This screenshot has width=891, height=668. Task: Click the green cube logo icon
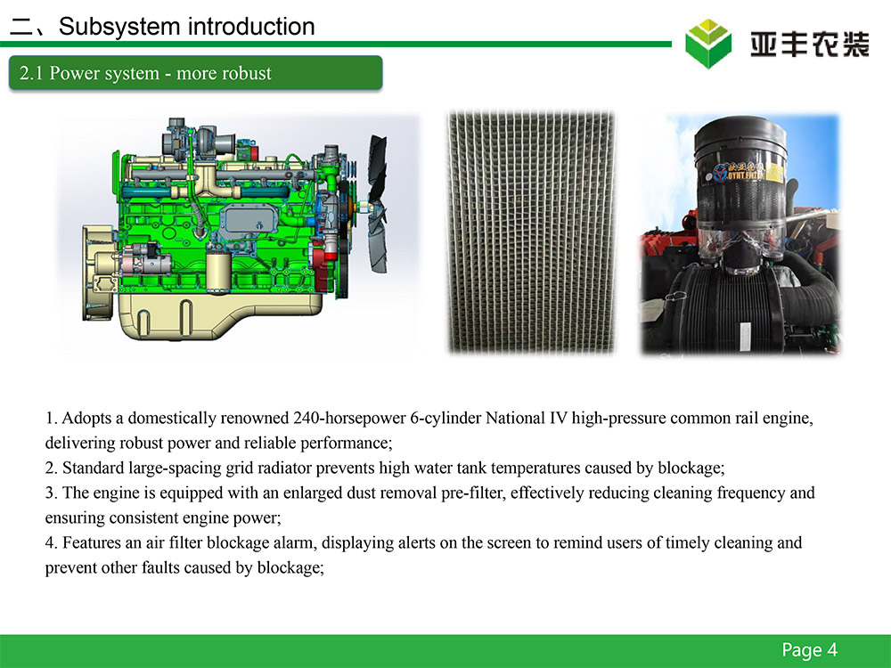point(708,43)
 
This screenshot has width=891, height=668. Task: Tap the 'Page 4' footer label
point(809,650)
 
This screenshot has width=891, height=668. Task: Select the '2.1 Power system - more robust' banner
point(195,73)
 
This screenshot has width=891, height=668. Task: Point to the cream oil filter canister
point(219,272)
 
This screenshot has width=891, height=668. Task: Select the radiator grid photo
point(531,232)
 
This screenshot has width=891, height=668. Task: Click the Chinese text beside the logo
point(809,45)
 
